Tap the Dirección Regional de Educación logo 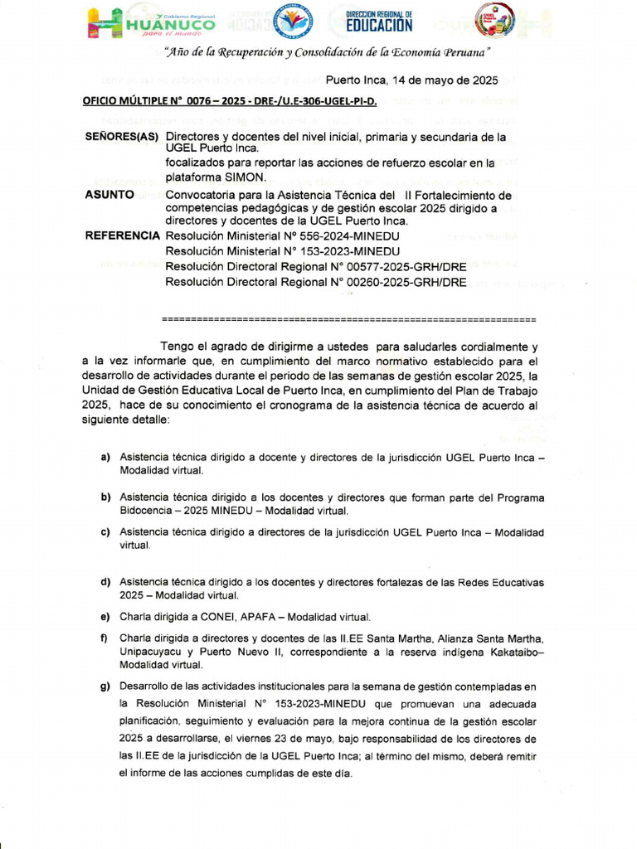click(x=378, y=21)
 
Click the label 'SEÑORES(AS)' click(x=122, y=136)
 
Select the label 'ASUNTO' click(x=109, y=194)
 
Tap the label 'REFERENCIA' click(x=122, y=236)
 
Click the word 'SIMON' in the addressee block click(x=246, y=177)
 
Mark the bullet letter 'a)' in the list click(x=105, y=458)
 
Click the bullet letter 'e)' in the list click(x=105, y=617)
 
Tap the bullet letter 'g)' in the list click(x=105, y=686)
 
